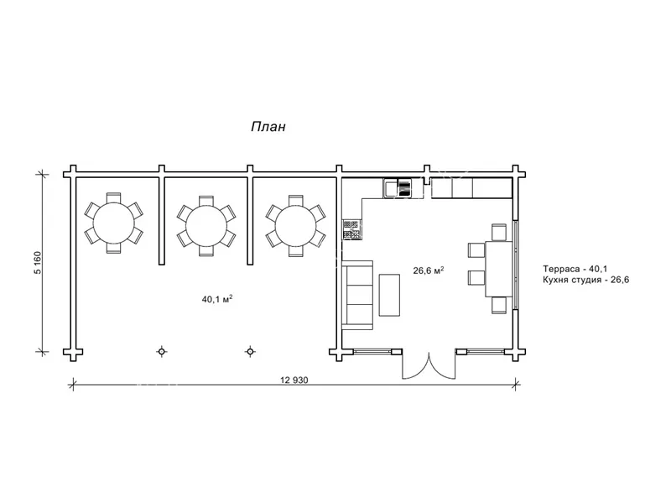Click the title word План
[x=268, y=127]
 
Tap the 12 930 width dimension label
[x=294, y=380]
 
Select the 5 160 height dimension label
[x=38, y=263]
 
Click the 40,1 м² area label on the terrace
[x=217, y=299]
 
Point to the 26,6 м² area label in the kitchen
[x=428, y=270]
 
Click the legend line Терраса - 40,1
[x=575, y=269]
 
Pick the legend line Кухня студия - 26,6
[x=585, y=281]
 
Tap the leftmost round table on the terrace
[x=113, y=223]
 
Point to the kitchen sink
[x=391, y=188]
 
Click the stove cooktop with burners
[x=351, y=229]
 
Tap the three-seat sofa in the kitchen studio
[x=357, y=295]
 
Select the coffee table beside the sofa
[x=389, y=296]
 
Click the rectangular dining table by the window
[x=498, y=269]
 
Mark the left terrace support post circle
[x=161, y=352]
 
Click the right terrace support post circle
[x=250, y=352]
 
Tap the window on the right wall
[x=516, y=265]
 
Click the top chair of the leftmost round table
[x=113, y=197]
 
